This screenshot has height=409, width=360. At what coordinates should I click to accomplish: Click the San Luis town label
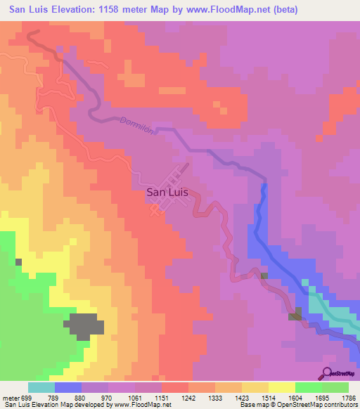[167, 190]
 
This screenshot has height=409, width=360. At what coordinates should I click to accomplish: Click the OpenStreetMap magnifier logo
[326, 373]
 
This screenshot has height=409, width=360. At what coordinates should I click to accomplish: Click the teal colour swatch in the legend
[41, 387]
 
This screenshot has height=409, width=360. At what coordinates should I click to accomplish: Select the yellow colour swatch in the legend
[282, 387]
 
